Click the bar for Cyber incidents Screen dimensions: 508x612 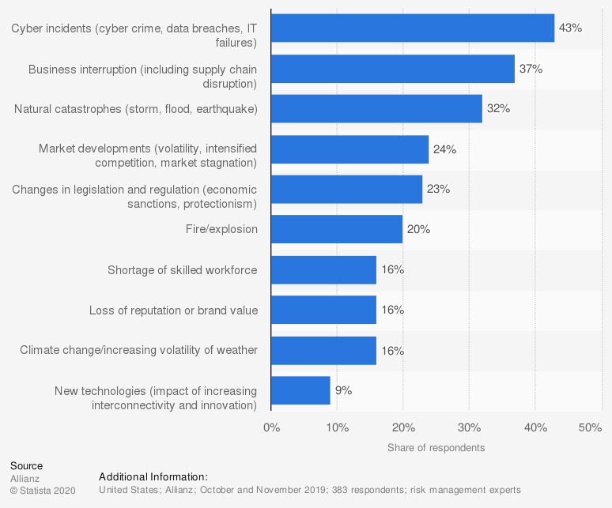(412, 28)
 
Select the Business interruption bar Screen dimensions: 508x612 (392, 69)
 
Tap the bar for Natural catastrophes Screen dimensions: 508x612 (376, 109)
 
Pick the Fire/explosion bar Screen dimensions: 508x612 (337, 229)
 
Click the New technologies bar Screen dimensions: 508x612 (300, 390)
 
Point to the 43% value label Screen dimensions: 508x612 (570, 28)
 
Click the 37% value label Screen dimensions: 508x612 (531, 69)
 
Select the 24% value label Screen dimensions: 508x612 (444, 149)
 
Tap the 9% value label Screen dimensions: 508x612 (343, 390)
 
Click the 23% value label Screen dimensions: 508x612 (438, 190)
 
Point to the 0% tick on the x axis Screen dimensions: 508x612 (271, 427)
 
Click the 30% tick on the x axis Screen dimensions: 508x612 (469, 427)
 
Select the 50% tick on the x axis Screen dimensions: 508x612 (590, 427)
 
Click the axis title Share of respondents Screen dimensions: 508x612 (436, 448)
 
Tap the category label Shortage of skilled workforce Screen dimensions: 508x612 (182, 270)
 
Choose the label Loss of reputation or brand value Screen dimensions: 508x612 (173, 310)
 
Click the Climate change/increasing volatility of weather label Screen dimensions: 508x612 (138, 350)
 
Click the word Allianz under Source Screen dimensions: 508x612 (25, 478)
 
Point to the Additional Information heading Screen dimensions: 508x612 (153, 476)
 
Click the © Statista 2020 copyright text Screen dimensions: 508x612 (42, 491)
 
